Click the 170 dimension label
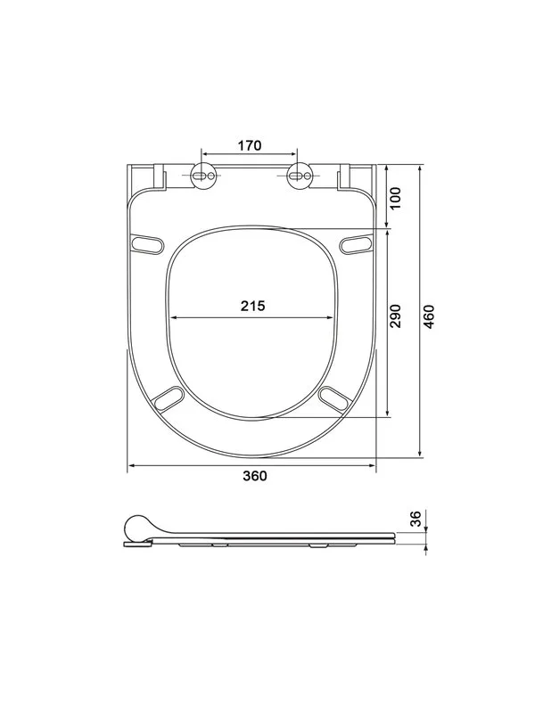click(x=250, y=145)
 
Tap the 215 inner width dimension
click(x=252, y=306)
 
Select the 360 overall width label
click(x=255, y=476)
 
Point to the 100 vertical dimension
click(x=395, y=198)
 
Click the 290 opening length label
click(x=395, y=316)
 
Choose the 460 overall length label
click(x=429, y=316)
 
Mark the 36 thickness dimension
click(x=416, y=519)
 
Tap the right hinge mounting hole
click(x=300, y=175)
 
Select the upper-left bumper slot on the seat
click(x=146, y=242)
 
